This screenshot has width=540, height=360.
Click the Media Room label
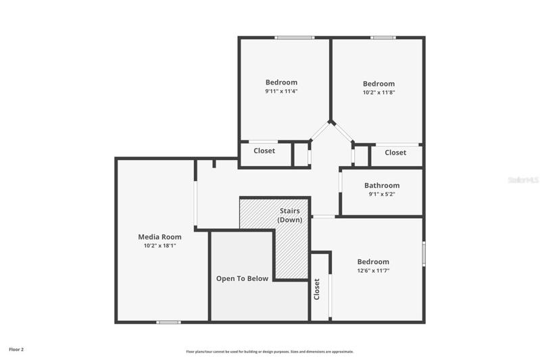tap(159, 237)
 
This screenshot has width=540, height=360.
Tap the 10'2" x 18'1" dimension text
tap(159, 246)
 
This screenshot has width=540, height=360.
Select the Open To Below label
tap(242, 279)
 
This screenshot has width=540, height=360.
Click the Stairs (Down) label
tap(290, 215)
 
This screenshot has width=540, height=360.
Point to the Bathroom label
tap(382, 186)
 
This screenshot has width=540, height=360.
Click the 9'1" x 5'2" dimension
tap(382, 194)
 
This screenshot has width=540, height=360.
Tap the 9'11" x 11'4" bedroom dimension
tap(281, 91)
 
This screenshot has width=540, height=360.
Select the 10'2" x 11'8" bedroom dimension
tap(379, 93)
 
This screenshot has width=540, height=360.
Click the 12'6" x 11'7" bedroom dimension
tap(373, 271)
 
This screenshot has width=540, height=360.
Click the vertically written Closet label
tap(317, 289)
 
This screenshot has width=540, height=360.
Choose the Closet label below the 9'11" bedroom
tap(264, 151)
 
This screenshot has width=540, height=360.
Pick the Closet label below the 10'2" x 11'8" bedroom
tap(395, 153)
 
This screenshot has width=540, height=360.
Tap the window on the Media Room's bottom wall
tap(168, 322)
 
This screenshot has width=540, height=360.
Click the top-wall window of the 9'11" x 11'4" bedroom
tap(295, 38)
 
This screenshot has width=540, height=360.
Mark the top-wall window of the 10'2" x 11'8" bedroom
tap(383, 38)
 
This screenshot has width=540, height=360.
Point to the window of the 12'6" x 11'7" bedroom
tap(424, 254)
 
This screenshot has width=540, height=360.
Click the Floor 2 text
tap(16, 349)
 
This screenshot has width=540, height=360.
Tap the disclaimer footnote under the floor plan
tap(270, 352)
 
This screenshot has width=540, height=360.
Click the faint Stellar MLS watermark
tap(524, 180)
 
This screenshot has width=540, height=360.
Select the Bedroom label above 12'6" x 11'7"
tap(373, 262)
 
